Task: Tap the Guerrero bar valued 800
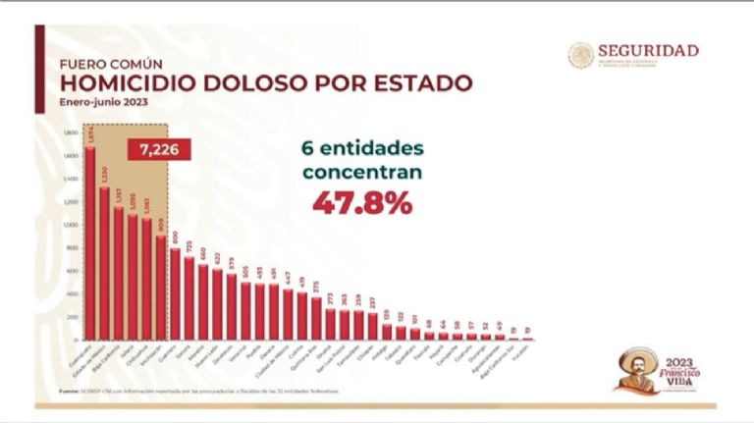(175, 295)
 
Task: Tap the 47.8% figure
(362, 203)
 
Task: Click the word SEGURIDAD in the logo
(649, 50)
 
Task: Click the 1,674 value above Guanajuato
(90, 136)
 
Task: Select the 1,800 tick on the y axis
(71, 132)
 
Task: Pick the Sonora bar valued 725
(188, 299)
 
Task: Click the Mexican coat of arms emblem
(580, 55)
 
